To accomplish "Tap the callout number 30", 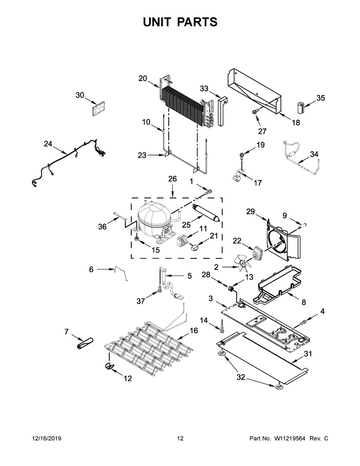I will coord(80,95).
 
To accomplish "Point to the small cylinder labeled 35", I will coord(301,107).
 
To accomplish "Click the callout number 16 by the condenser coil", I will coord(194,331).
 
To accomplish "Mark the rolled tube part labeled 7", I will coord(85,343).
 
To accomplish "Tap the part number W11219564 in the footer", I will coord(290,439).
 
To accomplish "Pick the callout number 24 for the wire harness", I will coord(48,144).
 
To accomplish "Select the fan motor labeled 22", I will coord(256,252).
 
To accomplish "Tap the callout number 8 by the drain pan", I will coord(304,302).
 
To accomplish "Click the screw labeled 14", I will coord(222,328).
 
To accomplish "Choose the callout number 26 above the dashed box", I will coord(172,179).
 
